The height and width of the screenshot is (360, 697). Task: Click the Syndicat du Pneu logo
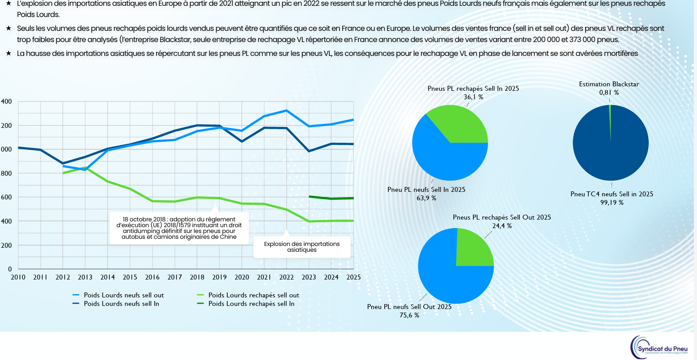[659, 347]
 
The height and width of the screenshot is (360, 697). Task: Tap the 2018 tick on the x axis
[197, 277]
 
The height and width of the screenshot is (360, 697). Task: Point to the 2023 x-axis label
[309, 277]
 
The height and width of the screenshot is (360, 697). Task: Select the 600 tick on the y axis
[6, 197]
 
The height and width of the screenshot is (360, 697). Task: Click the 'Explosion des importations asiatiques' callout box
[302, 247]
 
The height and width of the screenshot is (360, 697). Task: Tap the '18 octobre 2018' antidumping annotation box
[179, 228]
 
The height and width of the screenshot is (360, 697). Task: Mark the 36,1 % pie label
[473, 97]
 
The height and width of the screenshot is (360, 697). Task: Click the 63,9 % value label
[426, 198]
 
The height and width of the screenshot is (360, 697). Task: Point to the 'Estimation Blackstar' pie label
[609, 84]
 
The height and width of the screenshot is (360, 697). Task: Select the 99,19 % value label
[612, 203]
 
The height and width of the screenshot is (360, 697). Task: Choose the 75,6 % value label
[409, 315]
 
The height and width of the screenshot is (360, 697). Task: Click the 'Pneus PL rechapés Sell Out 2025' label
[502, 217]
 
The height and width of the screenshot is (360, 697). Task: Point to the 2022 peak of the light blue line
[287, 110]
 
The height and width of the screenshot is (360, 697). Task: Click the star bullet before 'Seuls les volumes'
[8, 28]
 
